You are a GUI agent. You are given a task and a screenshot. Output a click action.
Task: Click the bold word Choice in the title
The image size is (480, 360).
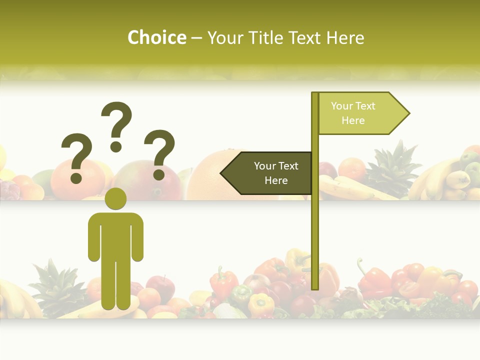[156, 38]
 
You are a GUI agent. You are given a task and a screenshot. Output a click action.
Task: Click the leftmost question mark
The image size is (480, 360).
[75, 150]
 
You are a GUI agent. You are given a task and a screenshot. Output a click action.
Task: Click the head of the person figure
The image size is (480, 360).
[115, 198]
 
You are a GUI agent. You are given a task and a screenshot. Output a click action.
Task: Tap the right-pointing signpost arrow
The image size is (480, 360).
[362, 113]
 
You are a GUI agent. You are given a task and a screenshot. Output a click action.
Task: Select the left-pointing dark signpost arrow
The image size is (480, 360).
[267, 173]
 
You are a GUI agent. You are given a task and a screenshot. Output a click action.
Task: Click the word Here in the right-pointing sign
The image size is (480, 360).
[353, 120]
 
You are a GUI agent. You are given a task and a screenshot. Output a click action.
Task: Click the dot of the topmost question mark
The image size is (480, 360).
[116, 146]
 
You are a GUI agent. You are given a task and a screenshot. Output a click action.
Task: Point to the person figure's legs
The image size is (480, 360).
[115, 285]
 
